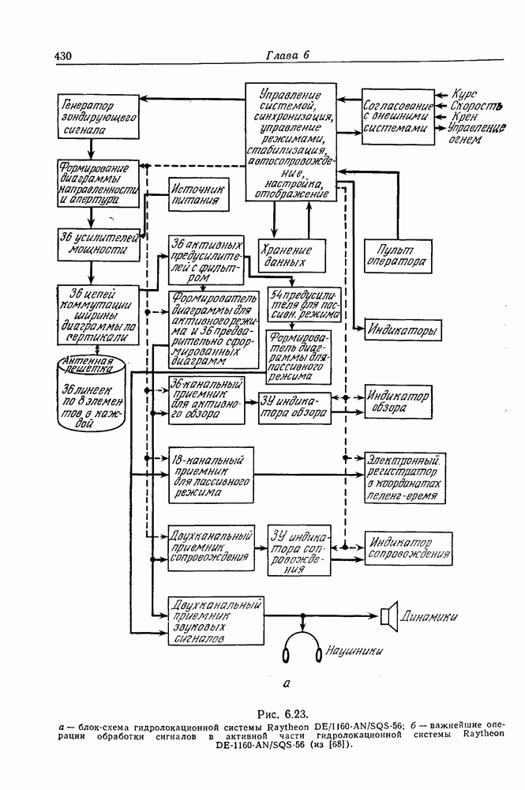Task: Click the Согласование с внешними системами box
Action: (398, 116)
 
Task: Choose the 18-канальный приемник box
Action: (211, 476)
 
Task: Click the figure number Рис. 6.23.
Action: (287, 708)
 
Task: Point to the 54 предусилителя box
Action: (304, 303)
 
